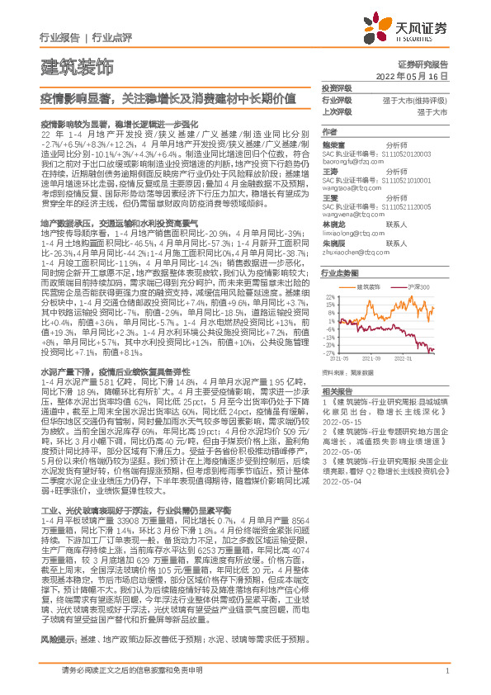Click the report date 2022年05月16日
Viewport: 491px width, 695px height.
point(423,74)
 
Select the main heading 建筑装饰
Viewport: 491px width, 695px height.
point(77,65)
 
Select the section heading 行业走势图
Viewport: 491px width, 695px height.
point(340,272)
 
